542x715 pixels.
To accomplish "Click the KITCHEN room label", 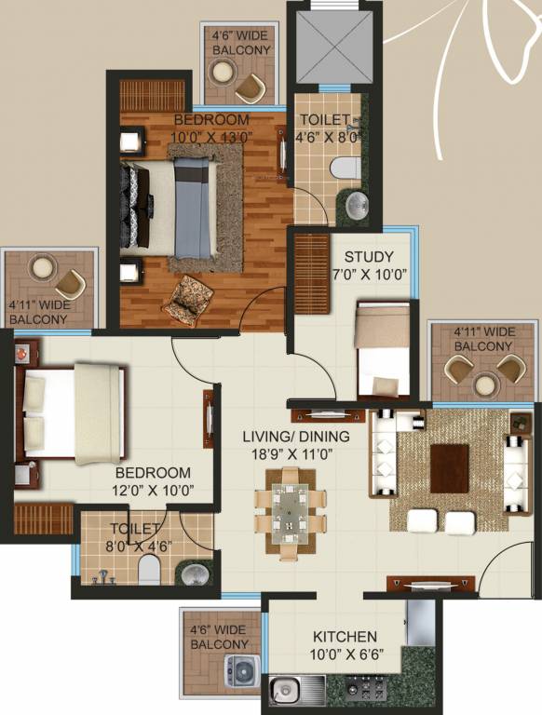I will [x=345, y=637].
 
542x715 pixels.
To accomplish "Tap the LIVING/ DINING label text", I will [x=296, y=437].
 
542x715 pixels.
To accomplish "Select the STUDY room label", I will [x=369, y=257].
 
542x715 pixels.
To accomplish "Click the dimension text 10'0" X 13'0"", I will [x=210, y=138].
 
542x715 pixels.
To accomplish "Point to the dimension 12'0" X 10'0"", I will [x=153, y=491].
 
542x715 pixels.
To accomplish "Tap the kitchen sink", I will [x=286, y=690].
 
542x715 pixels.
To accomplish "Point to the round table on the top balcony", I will [x=223, y=71].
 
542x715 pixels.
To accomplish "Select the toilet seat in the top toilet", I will [x=343, y=169].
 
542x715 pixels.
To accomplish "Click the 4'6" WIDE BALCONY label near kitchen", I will [x=220, y=637].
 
